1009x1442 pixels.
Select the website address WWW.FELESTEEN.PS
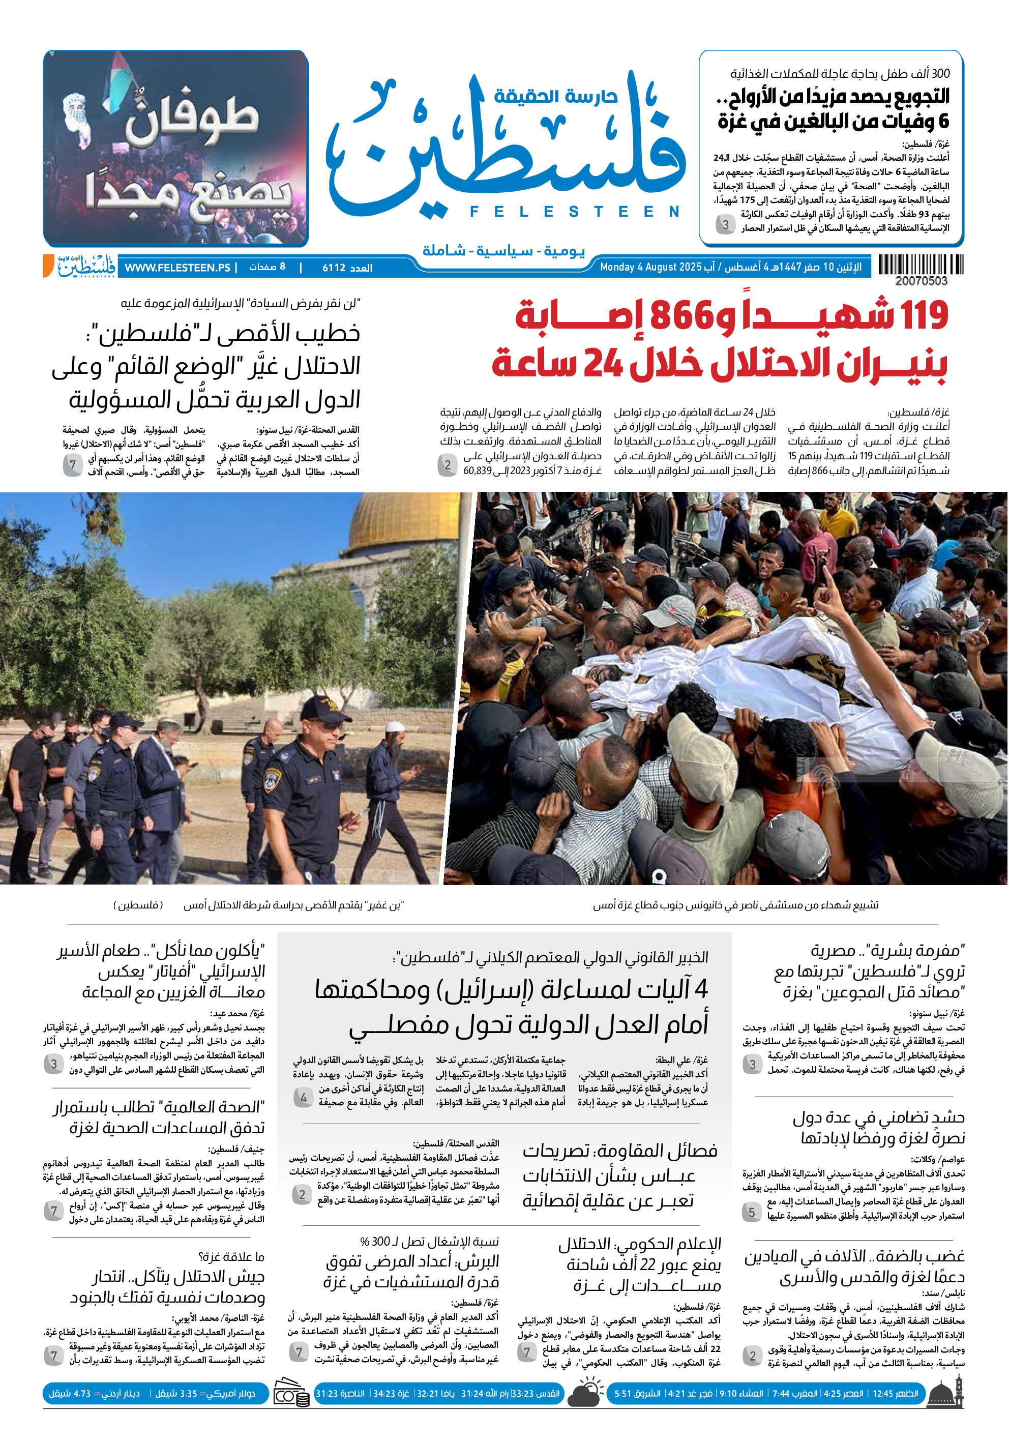click(x=177, y=268)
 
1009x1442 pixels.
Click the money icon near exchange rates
click(x=291, y=1394)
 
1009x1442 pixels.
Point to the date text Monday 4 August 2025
click(x=650, y=268)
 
